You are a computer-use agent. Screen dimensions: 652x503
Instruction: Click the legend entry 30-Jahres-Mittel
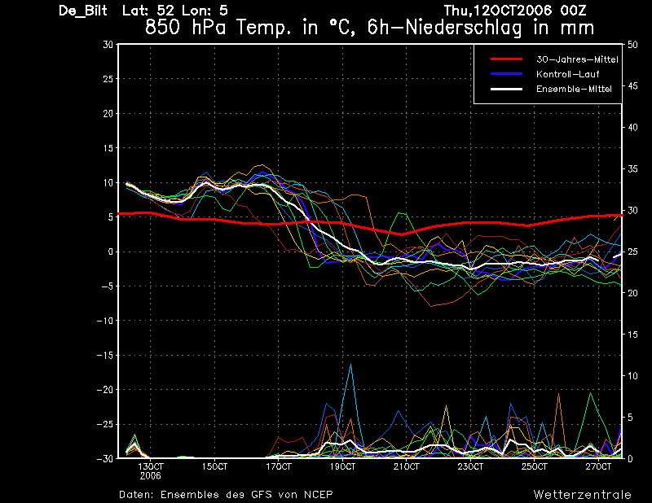[x=577, y=59]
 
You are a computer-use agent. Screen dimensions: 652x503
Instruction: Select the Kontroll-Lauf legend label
[x=567, y=74]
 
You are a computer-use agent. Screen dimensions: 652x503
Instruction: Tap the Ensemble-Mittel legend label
[x=574, y=89]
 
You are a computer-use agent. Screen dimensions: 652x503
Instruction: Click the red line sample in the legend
[x=506, y=59]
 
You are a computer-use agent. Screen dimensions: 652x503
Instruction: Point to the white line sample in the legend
[x=506, y=89]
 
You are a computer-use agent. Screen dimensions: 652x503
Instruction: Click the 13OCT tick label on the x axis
[x=151, y=466]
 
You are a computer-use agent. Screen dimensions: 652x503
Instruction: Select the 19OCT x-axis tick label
[x=342, y=466]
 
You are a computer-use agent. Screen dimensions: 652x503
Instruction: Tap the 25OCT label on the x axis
[x=535, y=466]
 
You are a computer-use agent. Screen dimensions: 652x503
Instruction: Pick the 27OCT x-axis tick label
[x=598, y=466]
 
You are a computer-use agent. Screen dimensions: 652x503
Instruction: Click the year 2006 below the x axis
[x=151, y=476]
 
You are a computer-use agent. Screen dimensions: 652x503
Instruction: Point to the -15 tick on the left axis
[x=105, y=355]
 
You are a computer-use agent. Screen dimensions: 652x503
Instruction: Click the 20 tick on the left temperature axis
[x=108, y=113]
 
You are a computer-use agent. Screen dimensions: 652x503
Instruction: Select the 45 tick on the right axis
[x=632, y=86]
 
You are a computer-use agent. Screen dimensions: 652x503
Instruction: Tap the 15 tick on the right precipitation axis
[x=632, y=335]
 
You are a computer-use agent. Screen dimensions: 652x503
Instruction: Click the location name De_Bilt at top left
[x=83, y=11]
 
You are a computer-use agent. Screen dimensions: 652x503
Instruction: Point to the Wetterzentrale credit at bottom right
[x=583, y=494]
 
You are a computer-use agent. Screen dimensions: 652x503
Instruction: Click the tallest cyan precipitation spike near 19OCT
[x=351, y=365]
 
